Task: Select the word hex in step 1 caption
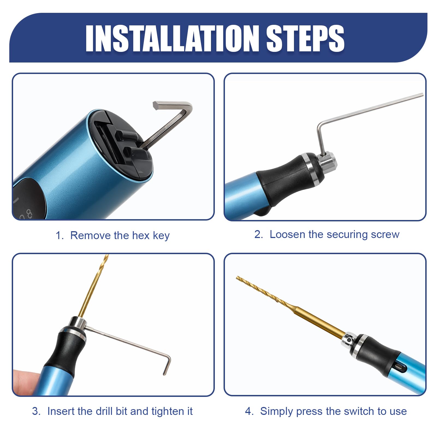point(141,236)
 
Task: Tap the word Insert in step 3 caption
point(61,411)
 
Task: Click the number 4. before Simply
point(249,411)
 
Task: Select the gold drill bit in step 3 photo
point(93,287)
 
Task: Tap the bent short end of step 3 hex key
point(167,364)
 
